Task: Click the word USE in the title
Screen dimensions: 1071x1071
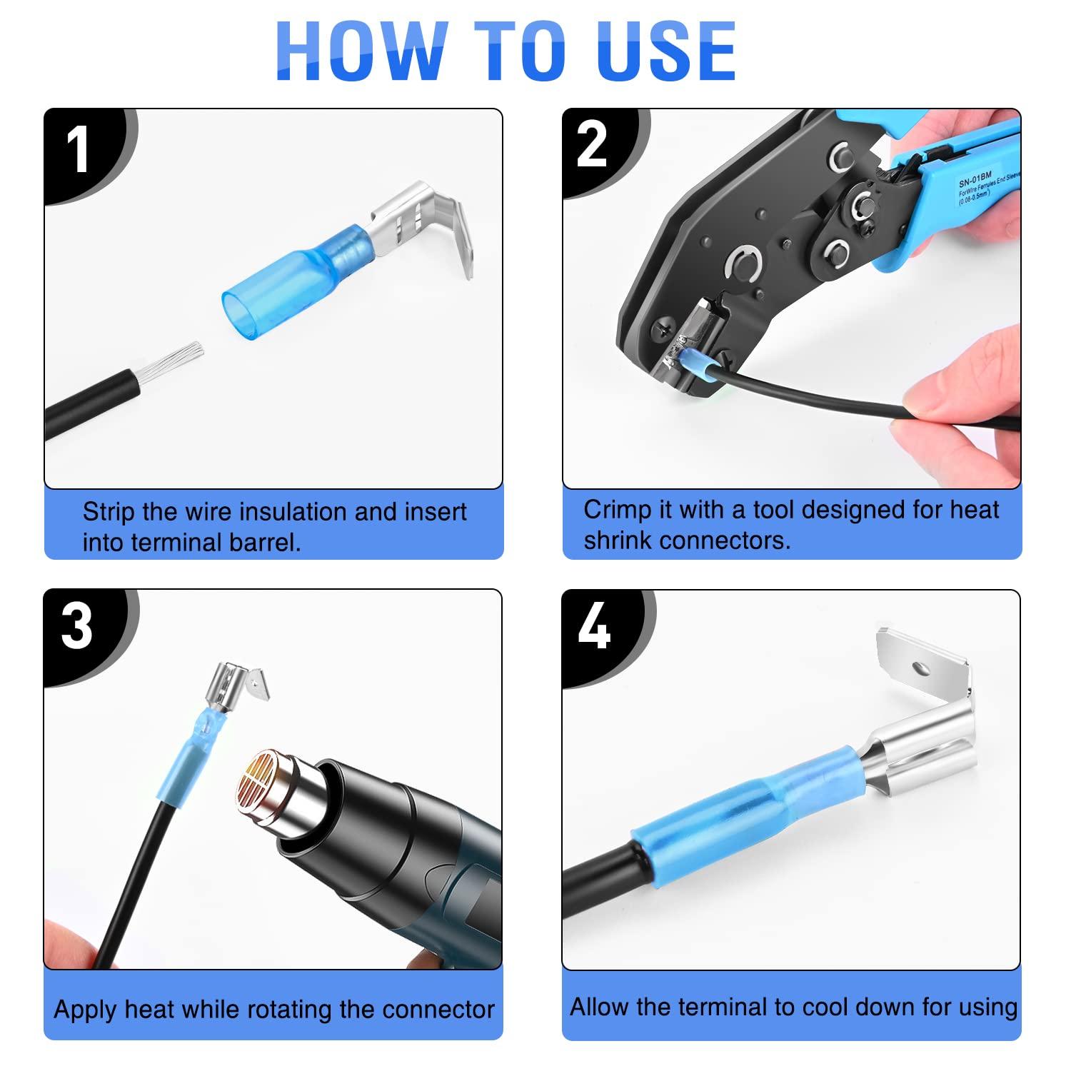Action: click(x=668, y=51)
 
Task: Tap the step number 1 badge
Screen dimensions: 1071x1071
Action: click(x=77, y=151)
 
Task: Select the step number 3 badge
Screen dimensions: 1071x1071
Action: click(x=76, y=627)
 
